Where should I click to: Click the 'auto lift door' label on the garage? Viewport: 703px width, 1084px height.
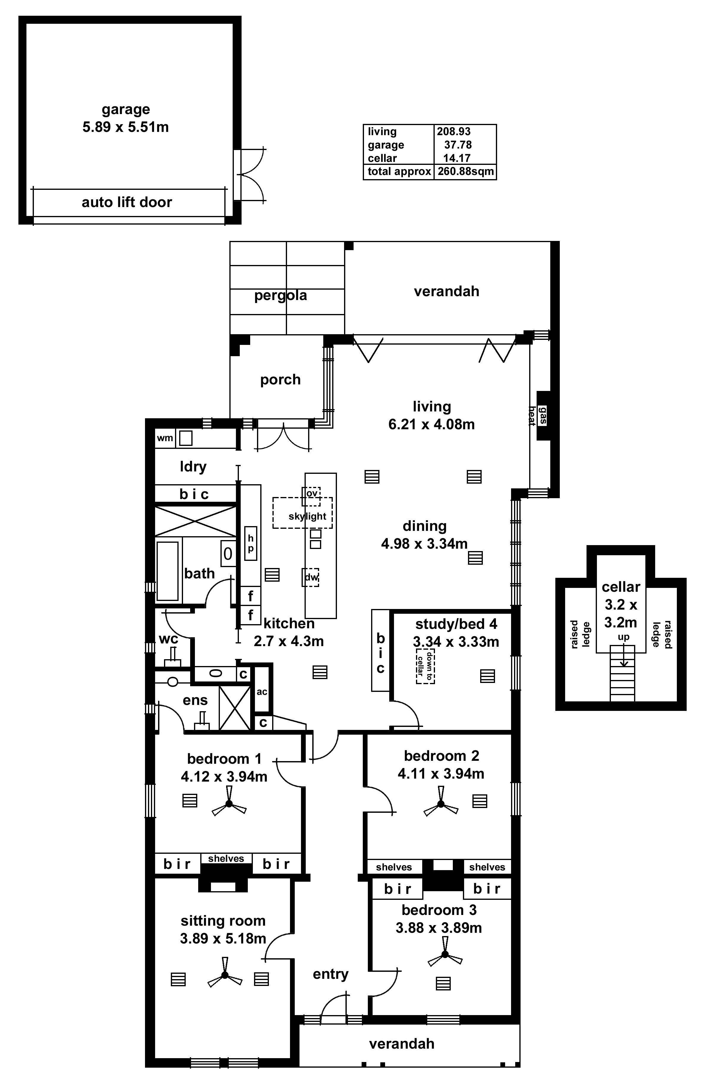[127, 202]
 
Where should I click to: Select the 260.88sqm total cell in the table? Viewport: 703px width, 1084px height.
[465, 172]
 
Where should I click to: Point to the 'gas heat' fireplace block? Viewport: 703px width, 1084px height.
[543, 415]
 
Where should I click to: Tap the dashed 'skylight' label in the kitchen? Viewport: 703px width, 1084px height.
[307, 516]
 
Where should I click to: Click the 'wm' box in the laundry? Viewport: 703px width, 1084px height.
[165, 438]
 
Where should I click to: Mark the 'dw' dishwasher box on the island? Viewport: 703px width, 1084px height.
[311, 577]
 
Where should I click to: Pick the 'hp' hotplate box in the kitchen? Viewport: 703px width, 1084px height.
[250, 543]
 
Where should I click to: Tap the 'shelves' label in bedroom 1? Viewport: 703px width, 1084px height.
[226, 859]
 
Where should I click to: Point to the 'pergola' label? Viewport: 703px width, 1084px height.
[280, 295]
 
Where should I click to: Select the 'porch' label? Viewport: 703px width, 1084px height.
[280, 379]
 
